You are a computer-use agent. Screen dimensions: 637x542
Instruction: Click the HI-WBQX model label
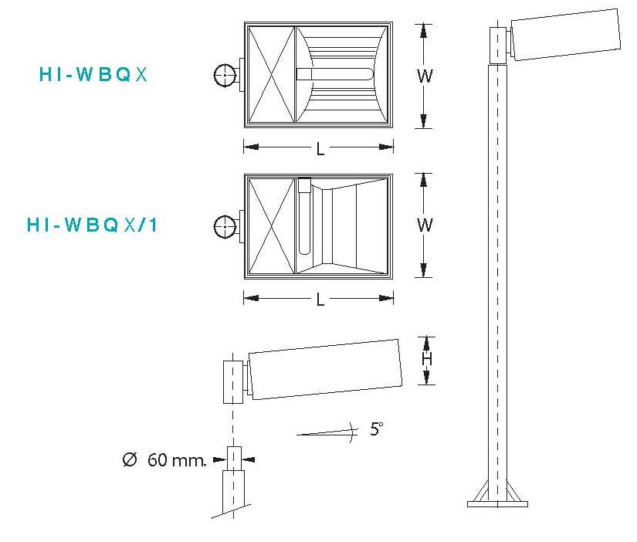93,74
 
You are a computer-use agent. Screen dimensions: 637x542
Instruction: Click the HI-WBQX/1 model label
92,225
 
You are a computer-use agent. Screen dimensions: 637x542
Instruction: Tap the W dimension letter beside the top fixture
425,76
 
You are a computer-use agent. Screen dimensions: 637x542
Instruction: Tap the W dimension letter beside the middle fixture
425,225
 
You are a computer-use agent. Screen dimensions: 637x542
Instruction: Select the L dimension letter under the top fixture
320,149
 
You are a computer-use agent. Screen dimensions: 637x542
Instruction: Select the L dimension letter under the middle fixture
320,300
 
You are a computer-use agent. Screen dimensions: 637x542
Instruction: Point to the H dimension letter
426,359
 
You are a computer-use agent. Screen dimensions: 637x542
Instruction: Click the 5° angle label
377,429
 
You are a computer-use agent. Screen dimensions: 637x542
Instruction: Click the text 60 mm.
177,460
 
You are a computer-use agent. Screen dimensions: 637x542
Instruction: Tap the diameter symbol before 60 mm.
130,459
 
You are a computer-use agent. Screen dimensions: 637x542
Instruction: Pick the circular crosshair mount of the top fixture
225,75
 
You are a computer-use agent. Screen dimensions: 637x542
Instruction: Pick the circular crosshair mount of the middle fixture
225,226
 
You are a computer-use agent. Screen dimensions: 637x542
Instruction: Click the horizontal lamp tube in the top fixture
335,74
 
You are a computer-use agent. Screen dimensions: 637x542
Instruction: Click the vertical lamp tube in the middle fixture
304,216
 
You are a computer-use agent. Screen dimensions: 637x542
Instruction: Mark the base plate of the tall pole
498,504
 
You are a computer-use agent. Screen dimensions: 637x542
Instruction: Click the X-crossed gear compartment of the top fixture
271,74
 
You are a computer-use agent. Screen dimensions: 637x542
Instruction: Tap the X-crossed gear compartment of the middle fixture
271,226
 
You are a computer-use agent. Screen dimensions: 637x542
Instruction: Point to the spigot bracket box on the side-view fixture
233,382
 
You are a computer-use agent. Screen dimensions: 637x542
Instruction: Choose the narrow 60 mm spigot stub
234,459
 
